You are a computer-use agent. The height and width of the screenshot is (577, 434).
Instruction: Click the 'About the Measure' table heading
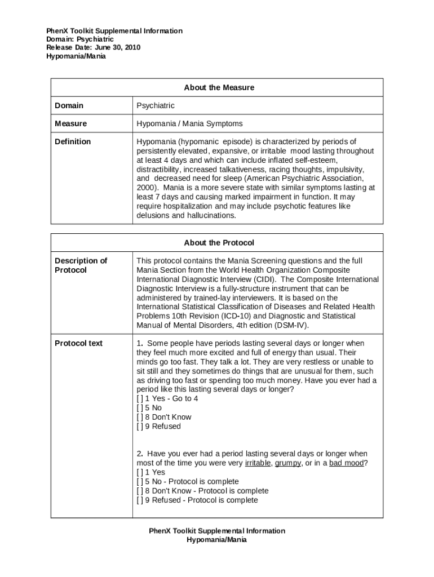click(x=219, y=87)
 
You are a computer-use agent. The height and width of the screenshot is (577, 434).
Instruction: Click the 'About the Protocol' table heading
click(x=219, y=242)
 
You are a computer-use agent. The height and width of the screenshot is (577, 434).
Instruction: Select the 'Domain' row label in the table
click(x=69, y=105)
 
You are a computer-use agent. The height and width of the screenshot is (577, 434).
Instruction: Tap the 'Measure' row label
click(x=70, y=123)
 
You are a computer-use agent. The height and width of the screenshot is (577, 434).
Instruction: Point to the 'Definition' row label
click(x=73, y=141)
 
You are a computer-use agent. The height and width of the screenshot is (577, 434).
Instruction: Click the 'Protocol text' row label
click(x=78, y=343)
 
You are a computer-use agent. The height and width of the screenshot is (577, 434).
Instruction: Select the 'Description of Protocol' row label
click(x=81, y=265)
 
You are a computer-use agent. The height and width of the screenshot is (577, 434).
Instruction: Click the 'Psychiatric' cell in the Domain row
click(x=156, y=105)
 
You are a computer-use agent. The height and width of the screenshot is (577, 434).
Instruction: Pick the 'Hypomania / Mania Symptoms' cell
click(x=189, y=123)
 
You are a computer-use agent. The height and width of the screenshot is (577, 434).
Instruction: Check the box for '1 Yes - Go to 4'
click(x=140, y=398)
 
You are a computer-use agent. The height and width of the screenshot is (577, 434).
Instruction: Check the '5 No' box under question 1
click(x=140, y=408)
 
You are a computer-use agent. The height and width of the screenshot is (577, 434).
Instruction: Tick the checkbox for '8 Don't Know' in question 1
click(x=140, y=417)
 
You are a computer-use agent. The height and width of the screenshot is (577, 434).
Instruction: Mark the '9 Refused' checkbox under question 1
click(x=140, y=427)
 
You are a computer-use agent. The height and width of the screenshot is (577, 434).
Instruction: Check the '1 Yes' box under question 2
click(x=140, y=472)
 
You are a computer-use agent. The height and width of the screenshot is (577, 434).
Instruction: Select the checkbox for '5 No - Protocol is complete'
click(x=140, y=482)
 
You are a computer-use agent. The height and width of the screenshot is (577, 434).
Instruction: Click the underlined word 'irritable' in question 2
click(x=258, y=463)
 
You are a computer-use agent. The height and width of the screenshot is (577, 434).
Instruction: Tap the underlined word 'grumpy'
click(x=287, y=463)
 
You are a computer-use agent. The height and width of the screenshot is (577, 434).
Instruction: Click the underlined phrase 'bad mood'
click(x=346, y=463)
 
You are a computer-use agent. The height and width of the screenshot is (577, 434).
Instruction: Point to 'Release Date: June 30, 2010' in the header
click(x=93, y=47)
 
